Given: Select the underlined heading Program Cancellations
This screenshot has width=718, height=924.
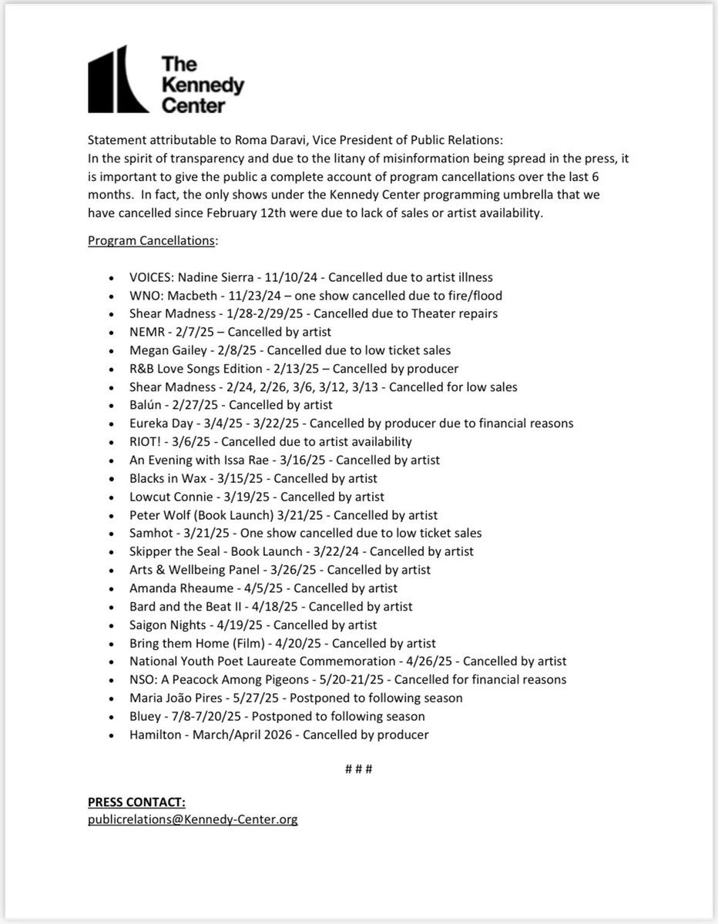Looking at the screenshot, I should point(153,241).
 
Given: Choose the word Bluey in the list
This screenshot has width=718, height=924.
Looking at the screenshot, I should point(146,716).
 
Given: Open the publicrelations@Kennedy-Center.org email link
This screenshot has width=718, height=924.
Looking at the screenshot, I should point(193,820).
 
